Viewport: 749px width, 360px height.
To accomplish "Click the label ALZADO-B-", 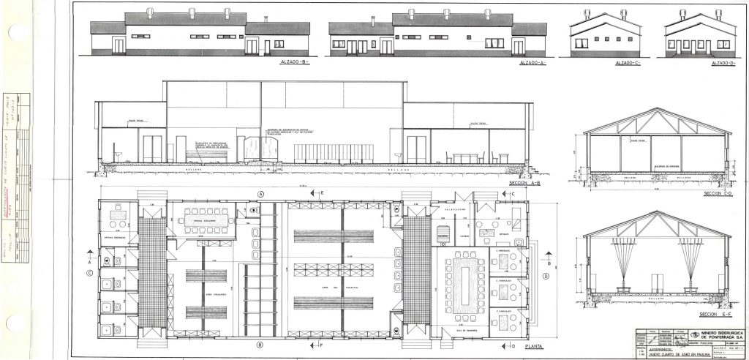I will (295, 64).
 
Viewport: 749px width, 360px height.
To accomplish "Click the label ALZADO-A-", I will (532, 64).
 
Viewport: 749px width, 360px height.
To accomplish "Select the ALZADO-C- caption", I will (628, 64).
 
